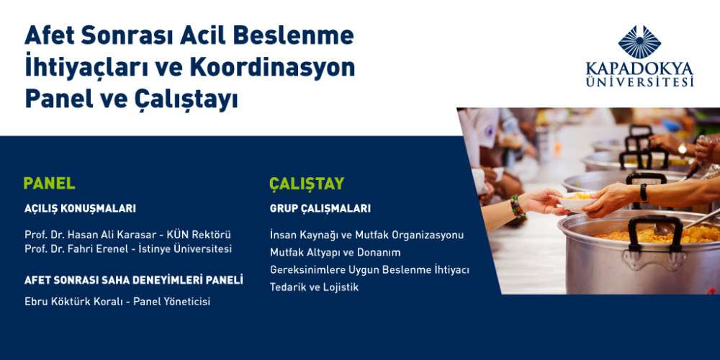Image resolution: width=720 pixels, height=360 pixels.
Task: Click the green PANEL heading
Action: coord(50,183)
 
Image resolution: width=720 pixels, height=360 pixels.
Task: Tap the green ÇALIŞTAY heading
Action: coord(307,184)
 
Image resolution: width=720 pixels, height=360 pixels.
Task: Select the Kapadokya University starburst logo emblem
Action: coord(639,42)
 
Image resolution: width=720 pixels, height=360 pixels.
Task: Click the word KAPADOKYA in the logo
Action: coord(639,69)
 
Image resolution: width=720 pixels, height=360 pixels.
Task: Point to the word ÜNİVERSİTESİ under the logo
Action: coord(639,82)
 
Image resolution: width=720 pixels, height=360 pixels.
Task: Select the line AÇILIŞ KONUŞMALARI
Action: coord(81,209)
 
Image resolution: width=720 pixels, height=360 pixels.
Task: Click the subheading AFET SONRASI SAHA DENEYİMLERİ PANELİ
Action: coord(134,280)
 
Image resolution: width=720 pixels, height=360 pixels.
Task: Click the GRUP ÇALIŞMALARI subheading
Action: coord(320,209)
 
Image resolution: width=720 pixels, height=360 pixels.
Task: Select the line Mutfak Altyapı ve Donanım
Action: coord(336,253)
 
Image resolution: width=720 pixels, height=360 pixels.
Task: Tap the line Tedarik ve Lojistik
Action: coord(314,287)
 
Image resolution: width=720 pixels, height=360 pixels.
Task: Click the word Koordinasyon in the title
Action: coord(272,68)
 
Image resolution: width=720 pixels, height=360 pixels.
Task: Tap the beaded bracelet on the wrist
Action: coord(516,207)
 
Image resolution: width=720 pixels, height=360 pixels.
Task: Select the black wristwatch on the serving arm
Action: coord(644,192)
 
